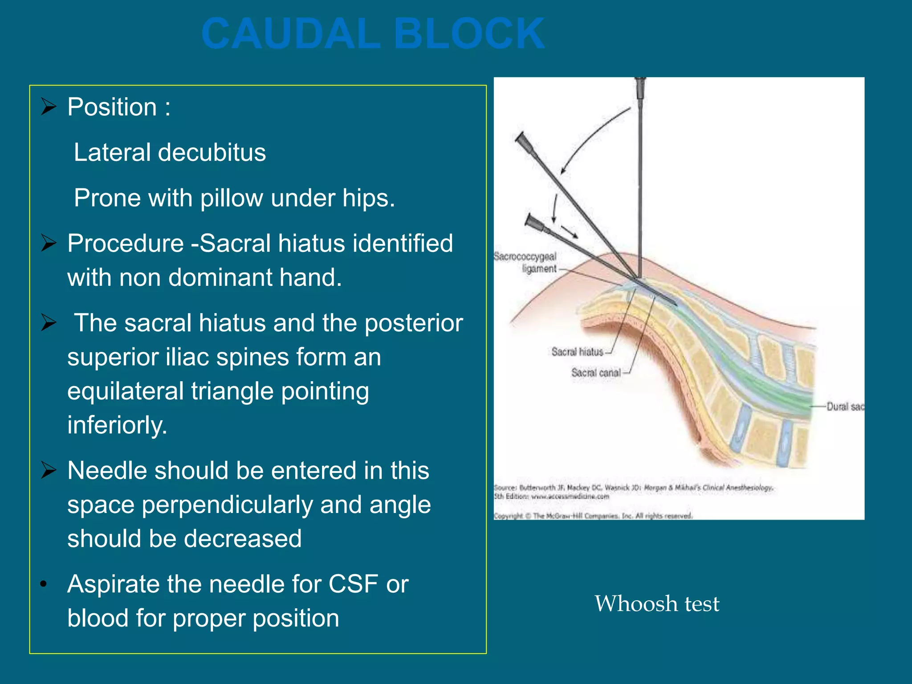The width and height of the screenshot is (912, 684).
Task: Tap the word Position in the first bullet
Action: click(112, 107)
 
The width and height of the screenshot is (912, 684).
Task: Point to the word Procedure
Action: click(126, 244)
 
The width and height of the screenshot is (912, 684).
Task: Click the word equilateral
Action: click(125, 391)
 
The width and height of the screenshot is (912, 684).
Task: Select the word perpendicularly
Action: click(227, 505)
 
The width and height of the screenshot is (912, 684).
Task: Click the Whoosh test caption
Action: click(656, 604)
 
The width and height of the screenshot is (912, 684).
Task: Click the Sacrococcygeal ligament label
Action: click(526, 263)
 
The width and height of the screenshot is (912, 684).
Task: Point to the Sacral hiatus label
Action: click(577, 352)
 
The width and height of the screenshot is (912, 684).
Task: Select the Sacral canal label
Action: click(596, 373)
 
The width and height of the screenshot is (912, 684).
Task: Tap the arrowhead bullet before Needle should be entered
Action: click(49, 470)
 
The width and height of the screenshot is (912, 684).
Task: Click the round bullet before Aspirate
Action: click(43, 584)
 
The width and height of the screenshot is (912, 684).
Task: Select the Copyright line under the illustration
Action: click(593, 516)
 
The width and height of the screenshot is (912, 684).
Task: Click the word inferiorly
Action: click(117, 425)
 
